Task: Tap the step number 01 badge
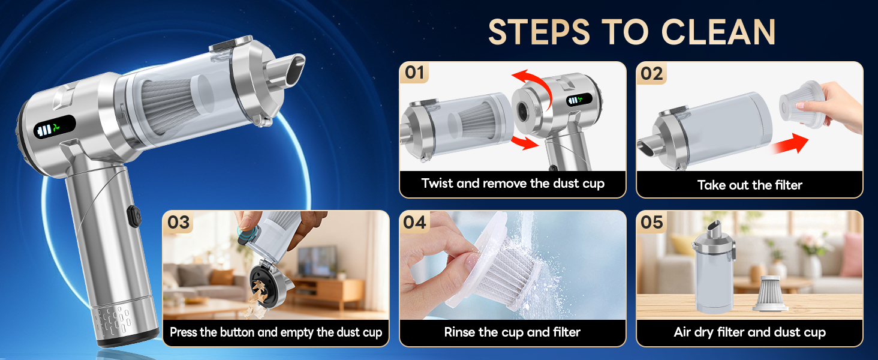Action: pos(414,73)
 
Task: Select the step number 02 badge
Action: pos(651,73)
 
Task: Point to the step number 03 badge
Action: pos(178,222)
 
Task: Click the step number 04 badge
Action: pos(414,222)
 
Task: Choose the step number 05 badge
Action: pos(651,222)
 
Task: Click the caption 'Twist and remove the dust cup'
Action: pos(513,184)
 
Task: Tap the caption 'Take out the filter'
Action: pos(750,185)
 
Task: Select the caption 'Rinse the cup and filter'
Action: pos(513,332)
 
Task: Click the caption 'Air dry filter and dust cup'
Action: pos(750,332)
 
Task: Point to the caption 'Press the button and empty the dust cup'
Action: pos(276,332)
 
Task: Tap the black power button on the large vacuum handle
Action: pos(133,214)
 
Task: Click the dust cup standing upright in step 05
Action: pos(713,273)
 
